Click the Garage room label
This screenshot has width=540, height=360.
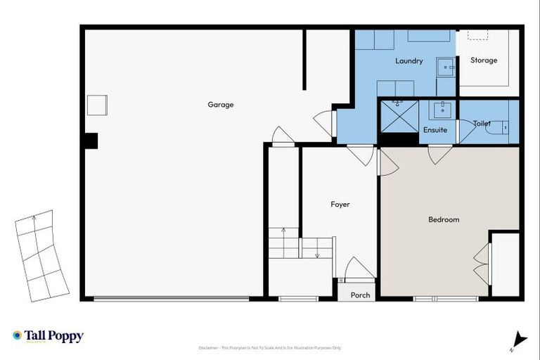(220, 105)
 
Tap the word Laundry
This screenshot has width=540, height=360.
(409, 61)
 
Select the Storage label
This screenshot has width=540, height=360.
(484, 60)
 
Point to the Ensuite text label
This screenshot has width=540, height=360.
(435, 130)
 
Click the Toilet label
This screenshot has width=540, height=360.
(482, 124)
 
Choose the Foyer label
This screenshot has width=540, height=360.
(340, 205)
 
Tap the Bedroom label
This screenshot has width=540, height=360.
(444, 219)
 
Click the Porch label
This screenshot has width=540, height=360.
(360, 295)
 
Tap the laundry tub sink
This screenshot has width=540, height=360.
(445, 67)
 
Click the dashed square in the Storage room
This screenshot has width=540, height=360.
(479, 34)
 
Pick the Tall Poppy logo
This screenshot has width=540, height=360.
(48, 337)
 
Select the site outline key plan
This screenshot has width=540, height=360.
(41, 256)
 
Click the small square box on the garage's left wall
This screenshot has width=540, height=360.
(97, 105)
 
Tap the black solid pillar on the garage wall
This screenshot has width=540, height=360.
(90, 141)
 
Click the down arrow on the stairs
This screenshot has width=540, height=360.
(317, 255)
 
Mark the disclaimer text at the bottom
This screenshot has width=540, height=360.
(271, 348)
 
